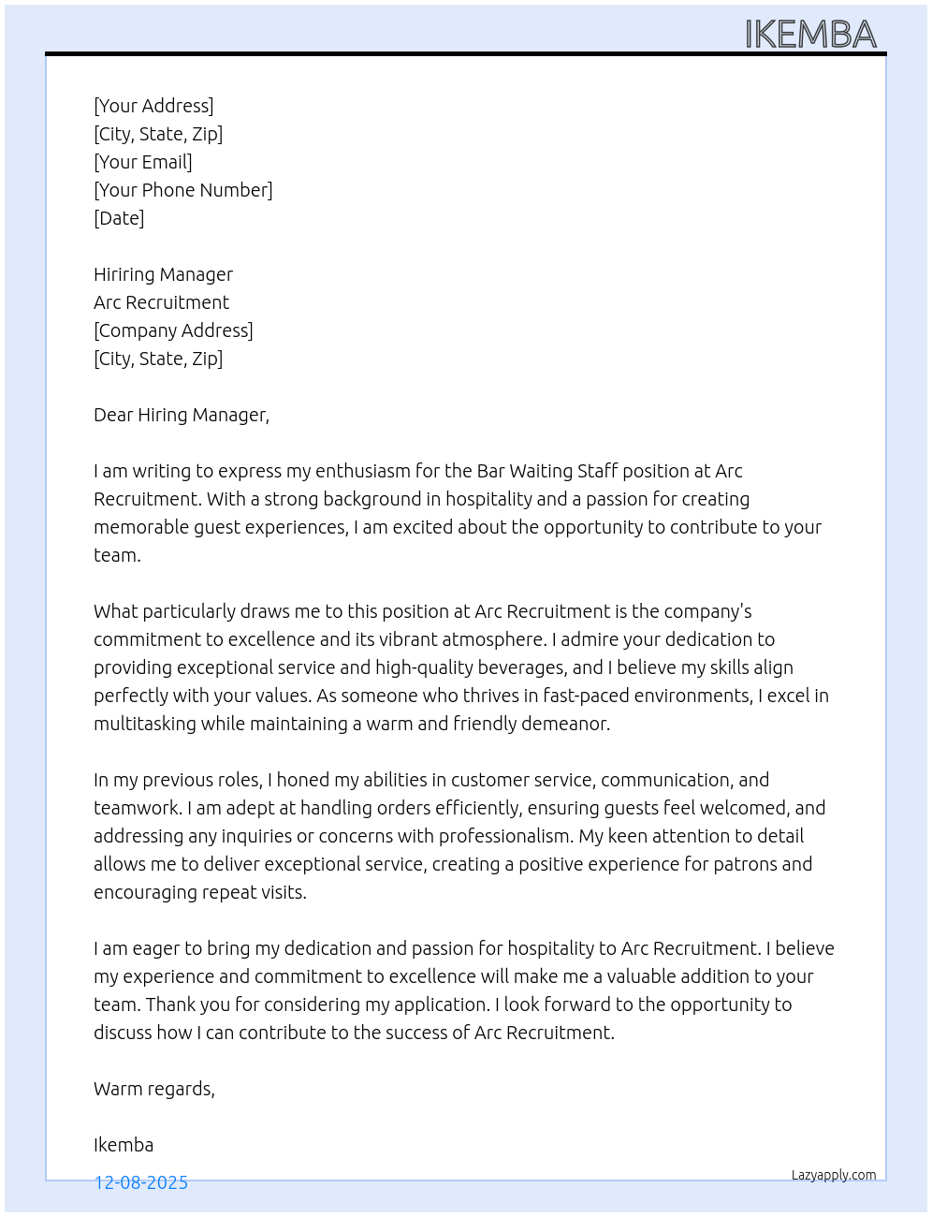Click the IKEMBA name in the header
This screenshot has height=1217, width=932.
(810, 35)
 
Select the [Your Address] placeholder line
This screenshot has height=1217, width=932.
(153, 106)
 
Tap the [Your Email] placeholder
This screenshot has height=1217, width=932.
(143, 162)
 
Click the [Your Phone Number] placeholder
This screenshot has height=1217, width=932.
(183, 190)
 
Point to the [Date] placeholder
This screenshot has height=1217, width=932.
(119, 218)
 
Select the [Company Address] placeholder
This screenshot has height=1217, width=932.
(173, 330)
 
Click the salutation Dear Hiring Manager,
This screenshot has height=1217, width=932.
(182, 415)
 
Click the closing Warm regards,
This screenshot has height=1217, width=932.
(154, 1089)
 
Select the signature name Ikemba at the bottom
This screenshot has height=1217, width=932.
(124, 1145)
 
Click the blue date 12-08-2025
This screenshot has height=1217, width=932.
(141, 1182)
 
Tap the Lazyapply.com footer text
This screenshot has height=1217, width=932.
(834, 1175)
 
